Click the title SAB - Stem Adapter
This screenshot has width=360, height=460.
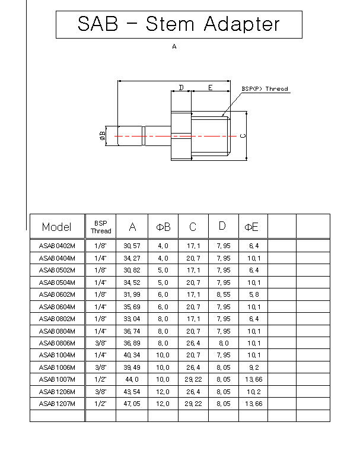[179, 24]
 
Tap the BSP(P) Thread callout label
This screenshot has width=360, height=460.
[265, 89]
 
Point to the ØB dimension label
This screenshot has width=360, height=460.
[103, 137]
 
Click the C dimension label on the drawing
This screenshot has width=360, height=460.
[243, 135]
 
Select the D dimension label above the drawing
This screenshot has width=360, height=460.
[181, 88]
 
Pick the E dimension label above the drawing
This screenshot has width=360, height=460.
[210, 88]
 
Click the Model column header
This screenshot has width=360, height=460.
[57, 227]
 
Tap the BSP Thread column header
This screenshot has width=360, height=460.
[101, 227]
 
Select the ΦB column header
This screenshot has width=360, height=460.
[163, 227]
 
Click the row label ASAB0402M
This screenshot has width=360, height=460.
[57, 245]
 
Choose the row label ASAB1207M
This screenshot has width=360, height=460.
[57, 404]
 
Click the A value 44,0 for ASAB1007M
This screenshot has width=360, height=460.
[132, 379]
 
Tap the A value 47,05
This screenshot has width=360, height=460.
[132, 404]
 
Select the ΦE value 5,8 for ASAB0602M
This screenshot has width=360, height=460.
[254, 294]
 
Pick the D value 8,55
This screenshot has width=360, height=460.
[223, 294]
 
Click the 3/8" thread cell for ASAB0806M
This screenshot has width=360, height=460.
[101, 343]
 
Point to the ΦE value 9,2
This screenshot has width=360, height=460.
[254, 367]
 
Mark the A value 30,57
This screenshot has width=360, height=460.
[132, 245]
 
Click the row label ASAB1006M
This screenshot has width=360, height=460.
[57, 367]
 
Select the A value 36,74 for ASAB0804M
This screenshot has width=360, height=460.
[132, 331]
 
